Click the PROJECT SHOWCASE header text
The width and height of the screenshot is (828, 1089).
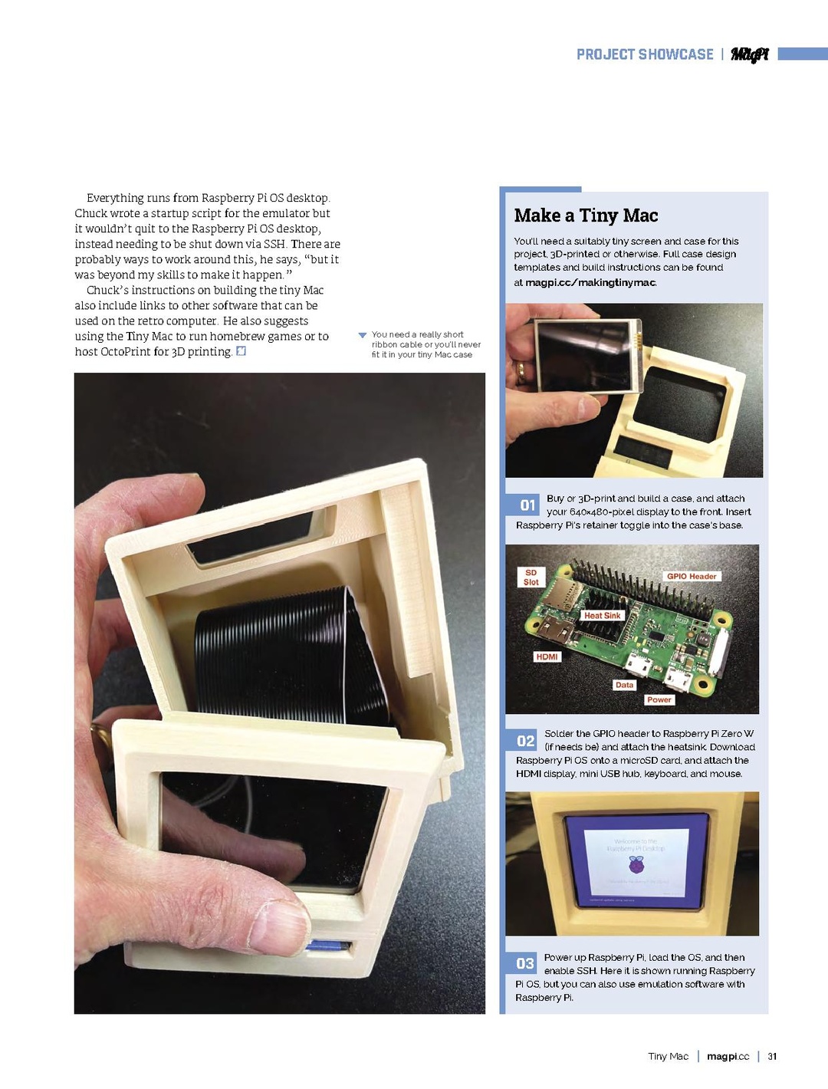coord(645,54)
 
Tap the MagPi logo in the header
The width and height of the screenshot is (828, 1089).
coord(749,54)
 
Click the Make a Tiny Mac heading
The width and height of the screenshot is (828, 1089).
coord(586,215)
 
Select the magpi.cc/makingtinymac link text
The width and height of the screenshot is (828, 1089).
coord(590,282)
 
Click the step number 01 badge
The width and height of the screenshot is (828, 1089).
coord(527,505)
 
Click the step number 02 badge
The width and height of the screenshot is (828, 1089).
coord(525,740)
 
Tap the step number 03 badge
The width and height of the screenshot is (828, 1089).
coord(525,963)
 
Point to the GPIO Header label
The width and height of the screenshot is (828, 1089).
coord(692,576)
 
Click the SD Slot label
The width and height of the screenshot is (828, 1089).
coord(531,577)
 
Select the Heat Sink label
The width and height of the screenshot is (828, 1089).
coord(602,615)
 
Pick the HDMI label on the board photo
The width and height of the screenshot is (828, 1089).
coord(547,656)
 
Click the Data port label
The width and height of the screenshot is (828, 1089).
coord(624,685)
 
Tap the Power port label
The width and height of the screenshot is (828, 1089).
coord(659,699)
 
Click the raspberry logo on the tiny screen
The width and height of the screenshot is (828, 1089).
coord(636,866)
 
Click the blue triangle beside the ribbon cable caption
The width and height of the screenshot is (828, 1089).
coord(363,335)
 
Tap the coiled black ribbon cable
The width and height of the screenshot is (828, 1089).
coord(284,660)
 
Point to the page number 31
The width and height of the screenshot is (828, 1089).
coord(772,1056)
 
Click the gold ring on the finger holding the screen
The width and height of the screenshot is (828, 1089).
coord(521,373)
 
